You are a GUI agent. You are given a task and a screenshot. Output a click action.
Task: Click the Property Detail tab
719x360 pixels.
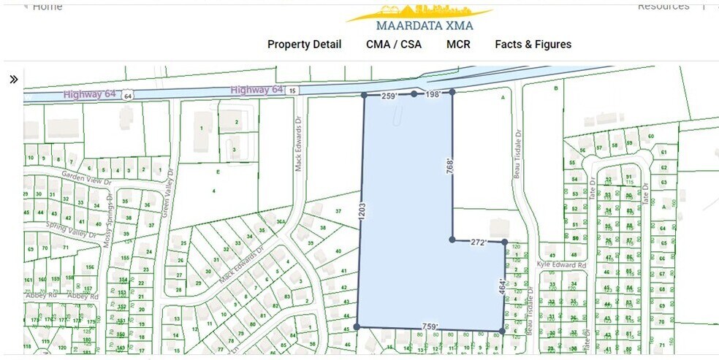304,45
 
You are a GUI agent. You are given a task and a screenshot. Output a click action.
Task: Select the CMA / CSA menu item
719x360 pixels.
394,45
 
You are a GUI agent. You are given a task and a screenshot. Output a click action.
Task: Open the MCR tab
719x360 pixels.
458,45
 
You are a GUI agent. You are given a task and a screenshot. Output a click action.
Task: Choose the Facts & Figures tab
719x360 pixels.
533,45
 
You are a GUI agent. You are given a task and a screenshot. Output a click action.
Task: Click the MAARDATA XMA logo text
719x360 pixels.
419,24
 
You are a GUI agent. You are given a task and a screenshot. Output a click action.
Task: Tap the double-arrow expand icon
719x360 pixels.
14,80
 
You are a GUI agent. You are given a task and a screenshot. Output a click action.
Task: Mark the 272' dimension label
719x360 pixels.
479,242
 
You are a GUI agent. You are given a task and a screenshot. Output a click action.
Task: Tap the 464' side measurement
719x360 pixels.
502,286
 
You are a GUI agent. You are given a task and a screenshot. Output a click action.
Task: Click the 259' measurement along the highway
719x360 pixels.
390,96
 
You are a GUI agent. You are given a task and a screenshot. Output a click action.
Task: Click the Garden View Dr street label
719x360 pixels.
84,176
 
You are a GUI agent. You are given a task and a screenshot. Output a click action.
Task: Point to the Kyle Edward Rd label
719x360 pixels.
562,265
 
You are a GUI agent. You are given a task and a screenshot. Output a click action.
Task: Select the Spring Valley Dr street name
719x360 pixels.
72,230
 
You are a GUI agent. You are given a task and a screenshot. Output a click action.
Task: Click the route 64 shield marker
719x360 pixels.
128,96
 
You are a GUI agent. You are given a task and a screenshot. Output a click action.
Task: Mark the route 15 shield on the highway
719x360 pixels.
292,90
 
